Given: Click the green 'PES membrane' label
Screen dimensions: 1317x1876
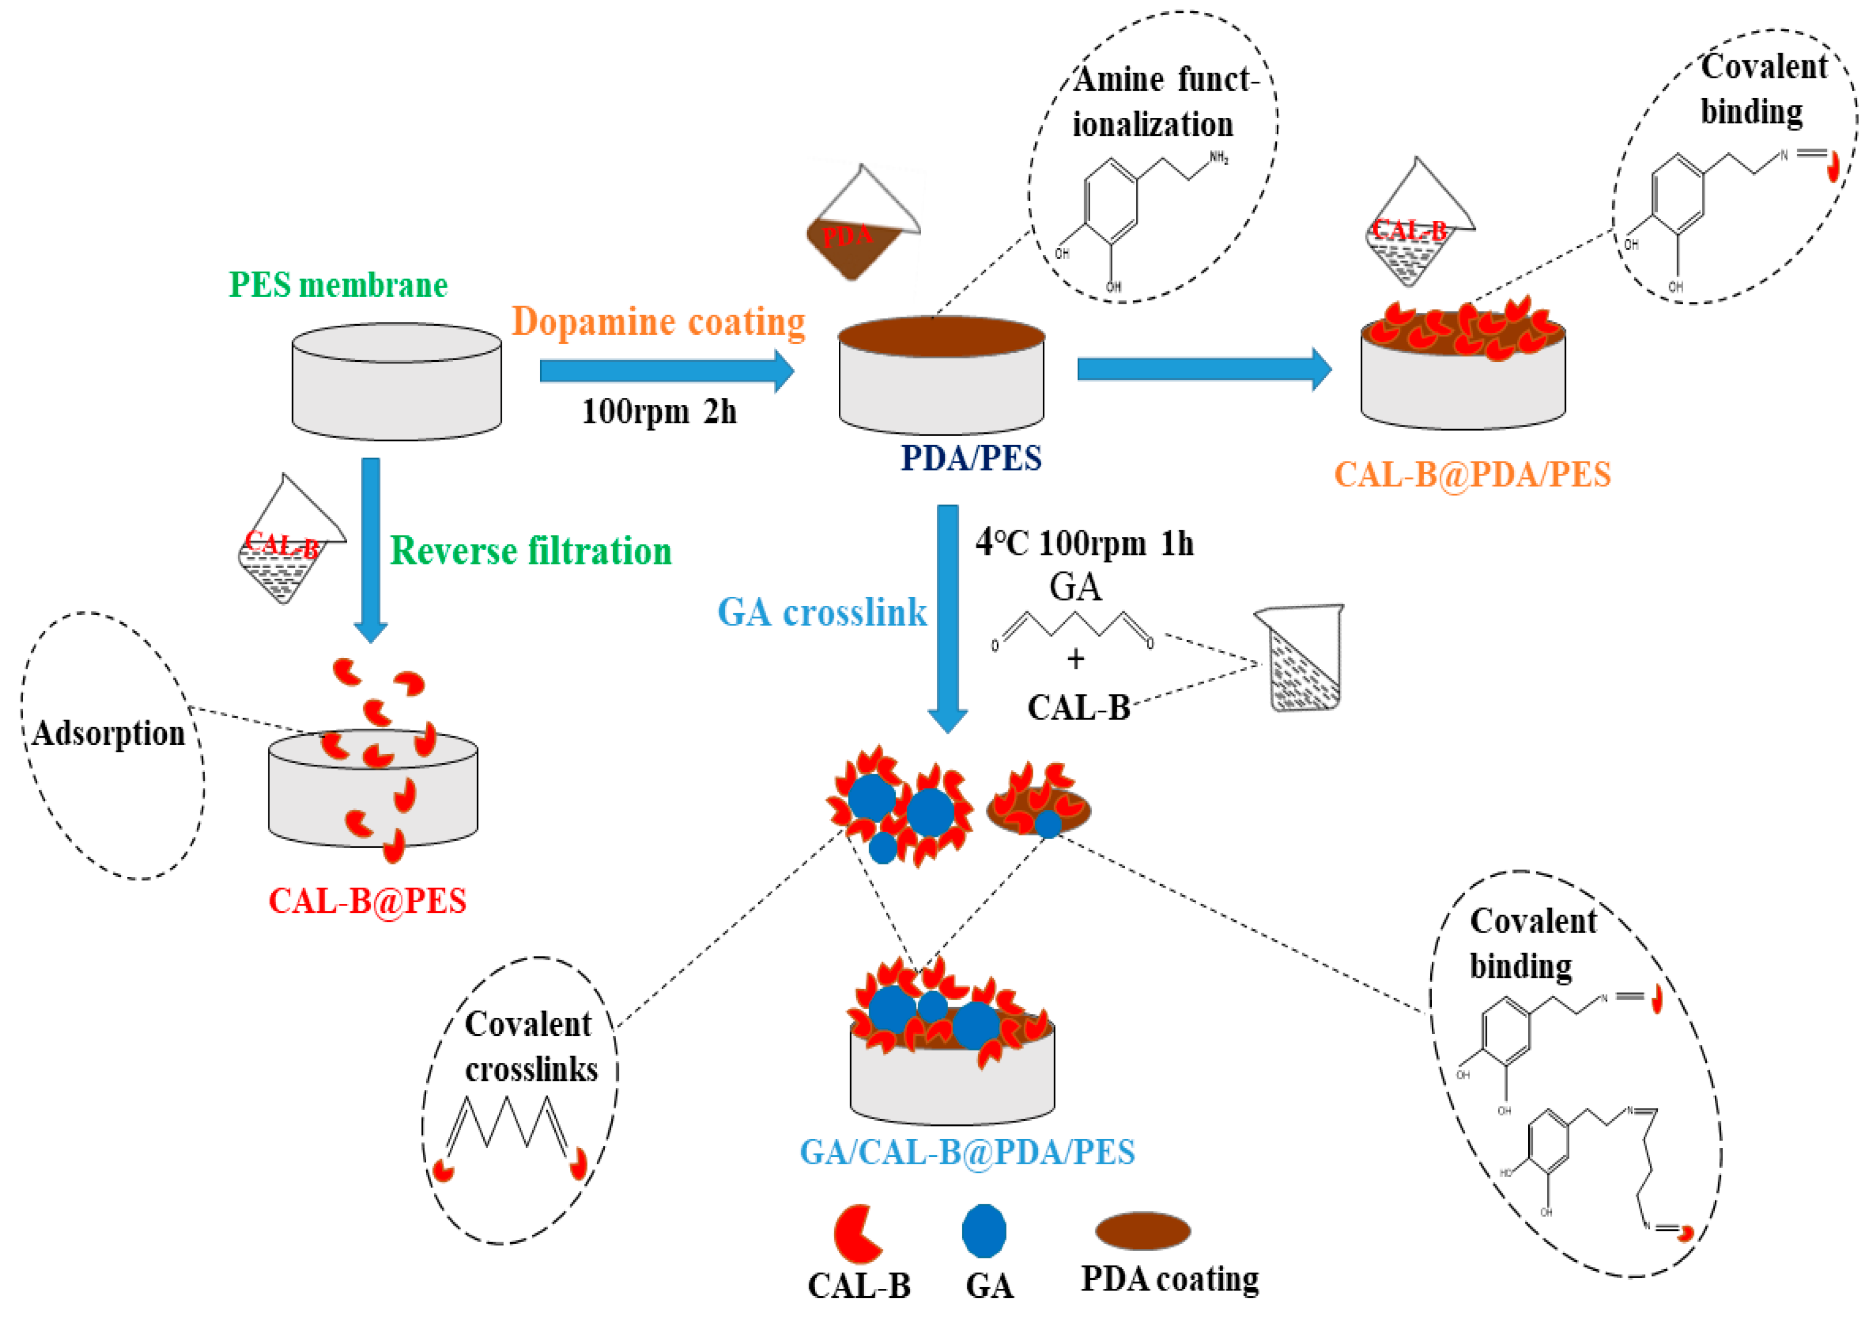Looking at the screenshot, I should pyautogui.click(x=338, y=285).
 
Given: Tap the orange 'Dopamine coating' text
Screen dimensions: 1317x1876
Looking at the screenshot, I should pyautogui.click(x=658, y=322).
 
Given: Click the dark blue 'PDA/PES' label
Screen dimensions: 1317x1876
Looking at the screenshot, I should pyautogui.click(x=971, y=458).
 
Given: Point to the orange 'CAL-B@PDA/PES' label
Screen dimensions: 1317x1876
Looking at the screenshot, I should pyautogui.click(x=1472, y=475).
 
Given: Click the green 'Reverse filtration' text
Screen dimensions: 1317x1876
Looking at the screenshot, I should pyautogui.click(x=531, y=552).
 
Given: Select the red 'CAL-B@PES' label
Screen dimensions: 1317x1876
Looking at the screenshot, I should pyautogui.click(x=367, y=901).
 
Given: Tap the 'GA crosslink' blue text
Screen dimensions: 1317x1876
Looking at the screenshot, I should pyautogui.click(x=822, y=613).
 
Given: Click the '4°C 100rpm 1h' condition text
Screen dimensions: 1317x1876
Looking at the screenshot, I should pyautogui.click(x=1084, y=543).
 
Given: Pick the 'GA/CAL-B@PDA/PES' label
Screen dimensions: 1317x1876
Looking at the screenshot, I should pyautogui.click(x=967, y=1152).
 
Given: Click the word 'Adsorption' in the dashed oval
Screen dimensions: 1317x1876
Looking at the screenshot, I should pyautogui.click(x=109, y=734).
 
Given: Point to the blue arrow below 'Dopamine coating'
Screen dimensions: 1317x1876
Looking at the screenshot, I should pyautogui.click(x=666, y=372).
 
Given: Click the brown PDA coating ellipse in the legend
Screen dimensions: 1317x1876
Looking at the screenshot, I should pyautogui.click(x=1142, y=1231).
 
